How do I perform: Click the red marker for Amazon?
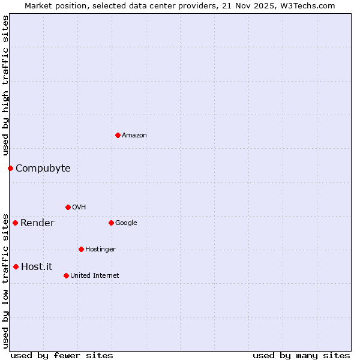(x=118, y=135)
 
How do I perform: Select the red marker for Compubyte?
(x=10, y=168)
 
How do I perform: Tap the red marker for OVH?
(x=68, y=207)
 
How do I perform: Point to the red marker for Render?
(x=15, y=223)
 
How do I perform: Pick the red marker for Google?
(x=111, y=223)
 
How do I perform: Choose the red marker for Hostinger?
(x=81, y=249)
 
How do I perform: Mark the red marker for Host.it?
(x=16, y=266)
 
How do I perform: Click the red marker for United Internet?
(x=66, y=275)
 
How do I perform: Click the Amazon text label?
(x=134, y=136)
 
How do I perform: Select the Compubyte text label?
(x=43, y=168)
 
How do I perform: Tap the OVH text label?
(x=79, y=208)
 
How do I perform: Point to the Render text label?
(x=37, y=223)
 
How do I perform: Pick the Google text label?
(x=126, y=223)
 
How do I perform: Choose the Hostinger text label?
(x=100, y=250)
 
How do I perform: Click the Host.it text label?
(x=37, y=266)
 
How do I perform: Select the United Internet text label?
(x=95, y=276)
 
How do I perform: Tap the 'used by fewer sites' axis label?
(x=62, y=355)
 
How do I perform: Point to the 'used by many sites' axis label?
(x=301, y=355)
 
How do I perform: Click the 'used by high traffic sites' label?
(x=5, y=86)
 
